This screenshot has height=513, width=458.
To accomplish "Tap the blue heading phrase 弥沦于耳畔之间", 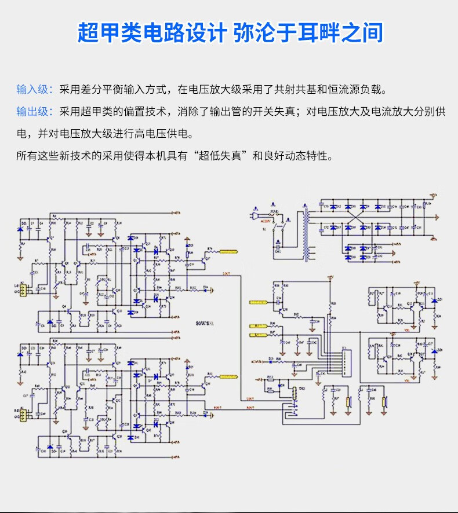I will (x=308, y=32).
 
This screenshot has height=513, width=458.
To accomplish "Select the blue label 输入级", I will (x=34, y=90).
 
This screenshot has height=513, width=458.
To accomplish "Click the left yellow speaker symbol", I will (x=349, y=404).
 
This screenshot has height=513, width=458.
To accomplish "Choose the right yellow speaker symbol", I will (x=384, y=404).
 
